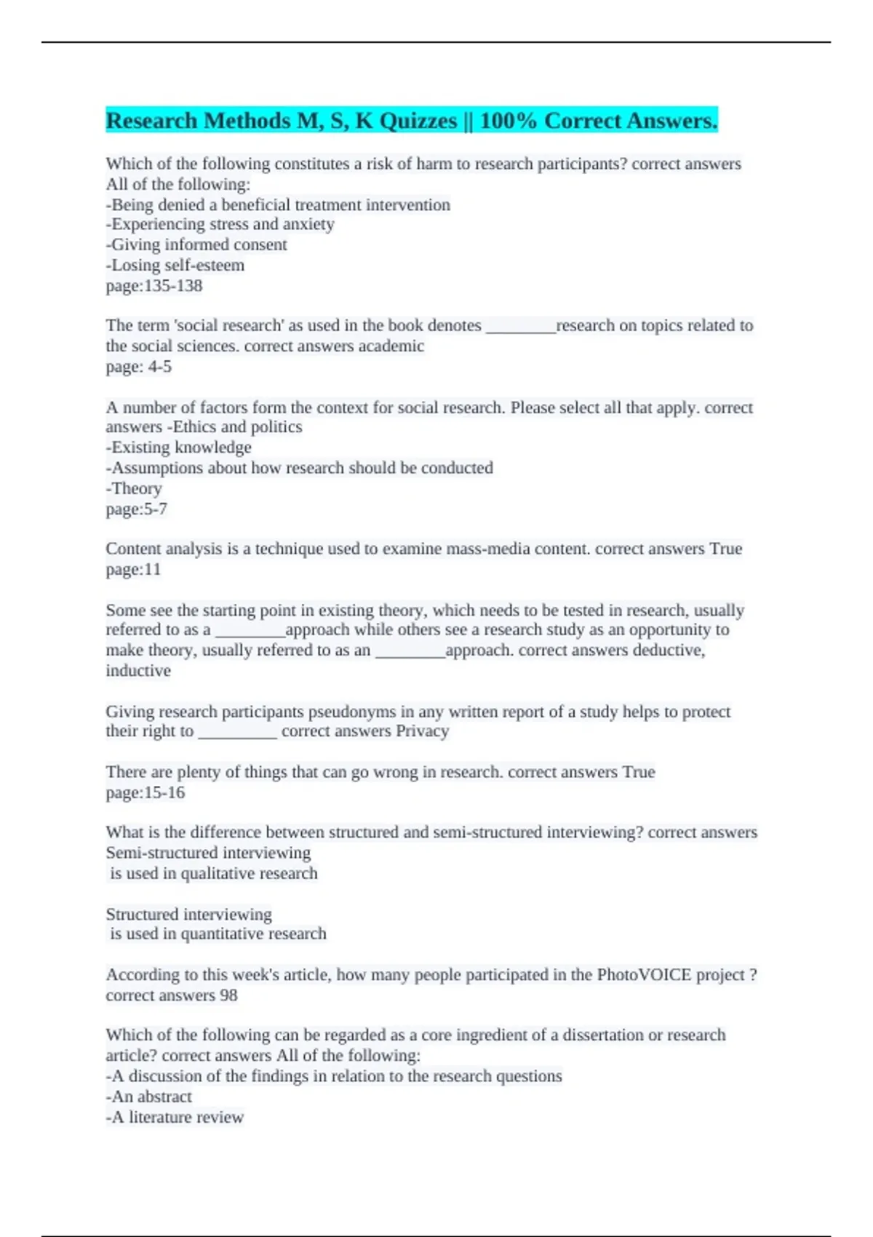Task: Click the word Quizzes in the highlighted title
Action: point(418,121)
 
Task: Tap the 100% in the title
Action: point(508,121)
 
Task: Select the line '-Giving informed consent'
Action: point(196,245)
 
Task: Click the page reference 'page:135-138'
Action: point(154,286)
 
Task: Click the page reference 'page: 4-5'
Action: point(139,367)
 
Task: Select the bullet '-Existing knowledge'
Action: point(179,448)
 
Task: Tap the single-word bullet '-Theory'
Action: point(134,488)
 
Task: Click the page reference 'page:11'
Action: point(133,570)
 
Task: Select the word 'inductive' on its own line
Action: point(138,671)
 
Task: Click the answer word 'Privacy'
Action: point(422,731)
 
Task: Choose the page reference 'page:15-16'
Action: point(145,792)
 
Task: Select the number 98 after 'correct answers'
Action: point(228,995)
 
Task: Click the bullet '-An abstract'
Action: point(149,1097)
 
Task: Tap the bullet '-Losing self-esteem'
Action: point(175,266)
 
